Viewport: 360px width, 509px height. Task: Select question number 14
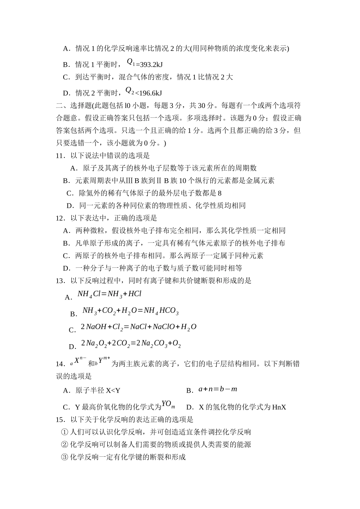(x=60, y=364)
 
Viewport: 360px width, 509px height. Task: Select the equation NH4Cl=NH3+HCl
(x=110, y=294)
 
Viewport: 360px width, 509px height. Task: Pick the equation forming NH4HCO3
(x=130, y=311)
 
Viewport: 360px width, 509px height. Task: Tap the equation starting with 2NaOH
(x=139, y=327)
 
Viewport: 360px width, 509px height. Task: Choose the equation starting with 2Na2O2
(x=131, y=343)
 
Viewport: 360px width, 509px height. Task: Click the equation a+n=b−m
(x=218, y=389)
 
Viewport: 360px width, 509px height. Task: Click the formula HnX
(x=279, y=408)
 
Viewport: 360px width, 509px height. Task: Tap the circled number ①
(x=64, y=432)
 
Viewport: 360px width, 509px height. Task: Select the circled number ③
(x=64, y=457)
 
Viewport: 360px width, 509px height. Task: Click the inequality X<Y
(x=113, y=390)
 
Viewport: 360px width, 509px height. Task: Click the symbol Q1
(x=131, y=62)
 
